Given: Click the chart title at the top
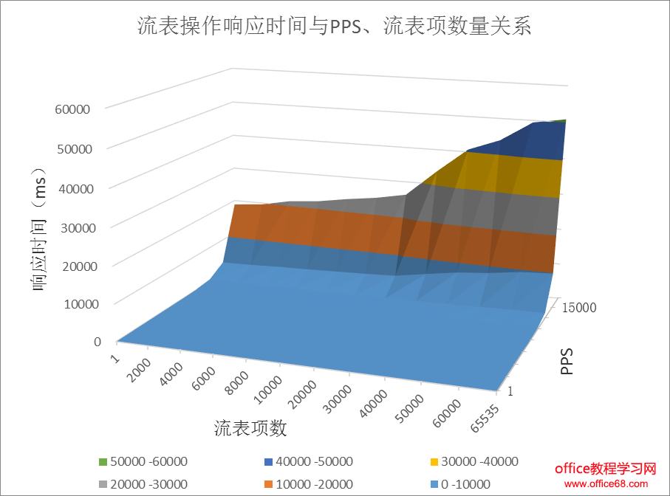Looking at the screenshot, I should click(x=335, y=27).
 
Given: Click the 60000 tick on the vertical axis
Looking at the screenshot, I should click(x=72, y=109).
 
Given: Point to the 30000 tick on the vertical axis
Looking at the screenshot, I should click(x=72, y=227).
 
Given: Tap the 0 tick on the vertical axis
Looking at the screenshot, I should click(x=97, y=341).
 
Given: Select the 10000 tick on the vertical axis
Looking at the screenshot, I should click(x=72, y=303).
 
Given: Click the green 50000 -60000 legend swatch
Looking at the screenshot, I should click(x=103, y=462).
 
